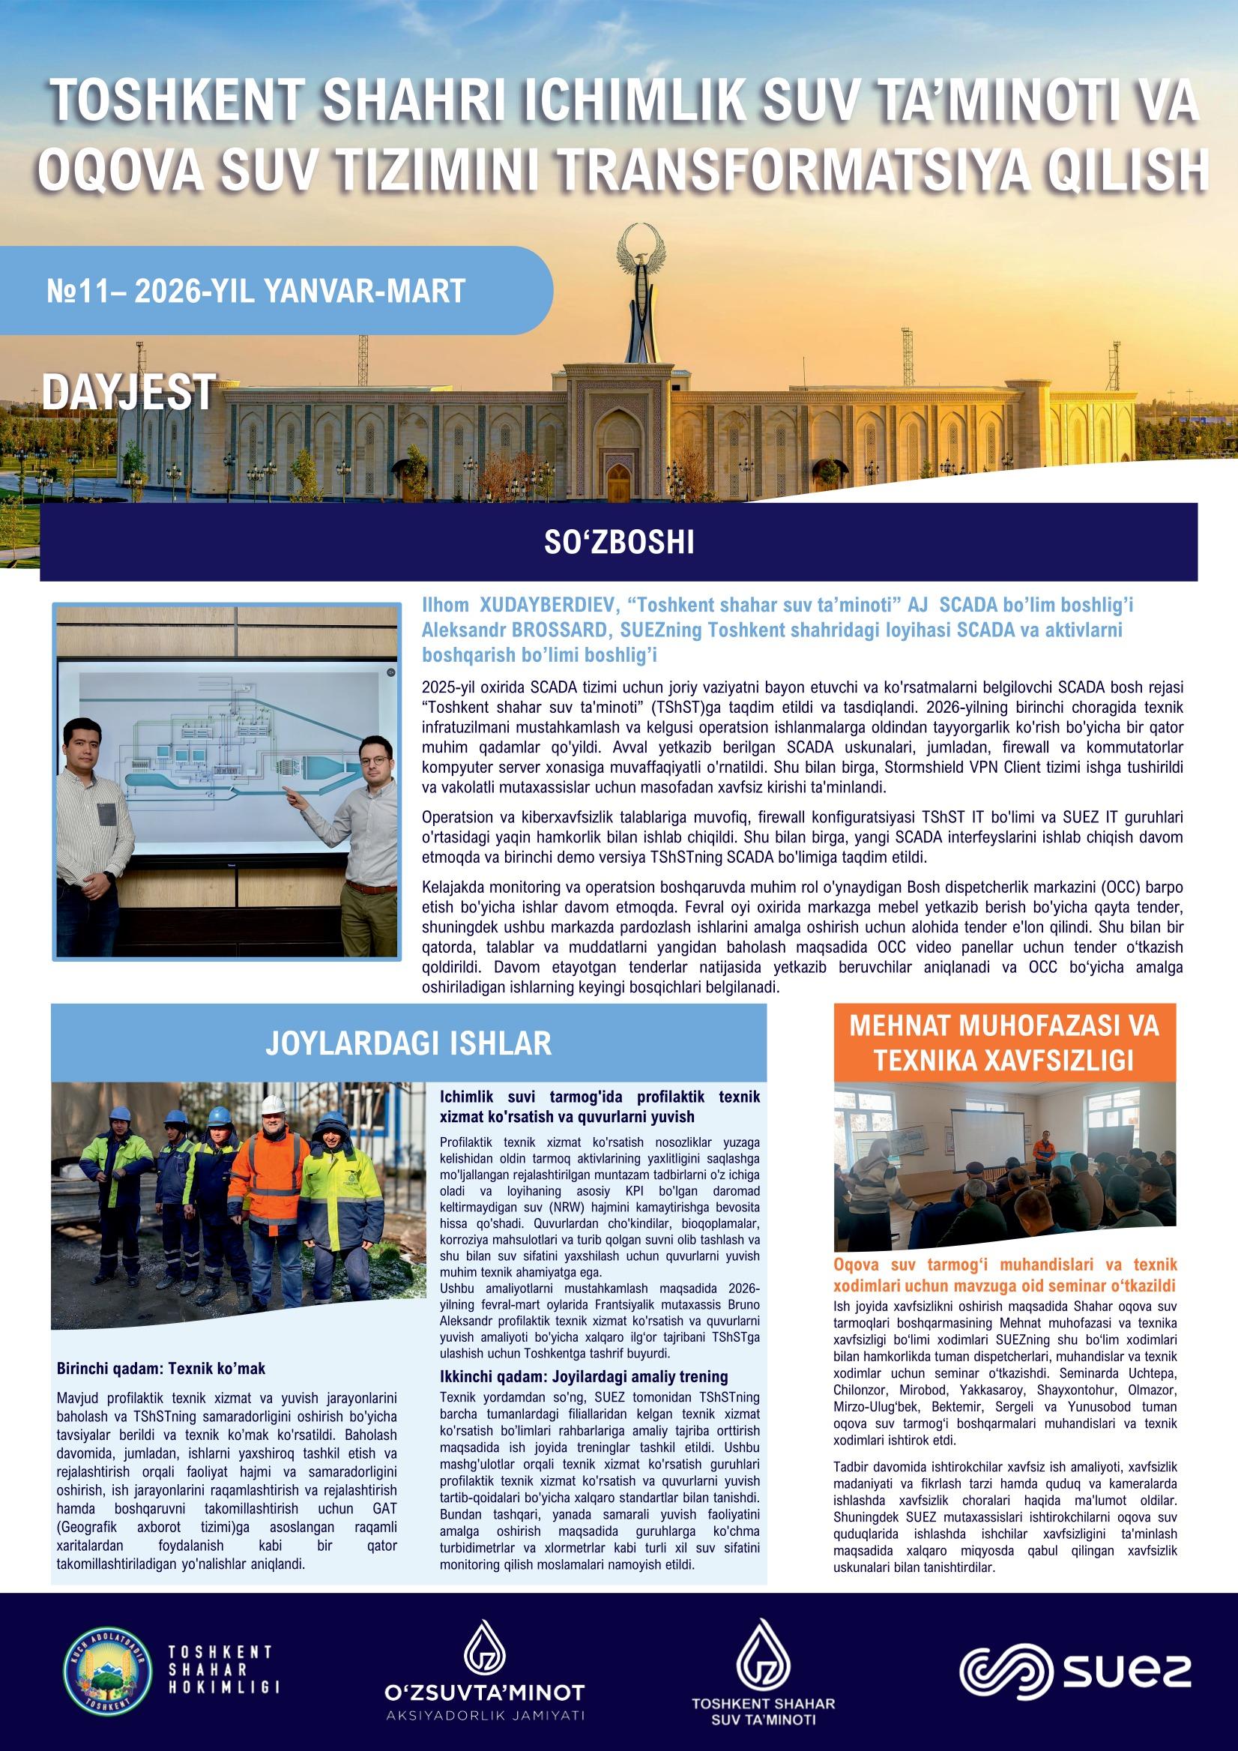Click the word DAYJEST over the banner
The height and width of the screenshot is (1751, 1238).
[x=127, y=393]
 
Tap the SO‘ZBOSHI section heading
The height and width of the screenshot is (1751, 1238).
[x=618, y=542]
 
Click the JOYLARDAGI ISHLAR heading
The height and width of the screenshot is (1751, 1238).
[x=408, y=1043]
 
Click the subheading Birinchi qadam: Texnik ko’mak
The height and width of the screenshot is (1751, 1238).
[x=162, y=1368]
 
